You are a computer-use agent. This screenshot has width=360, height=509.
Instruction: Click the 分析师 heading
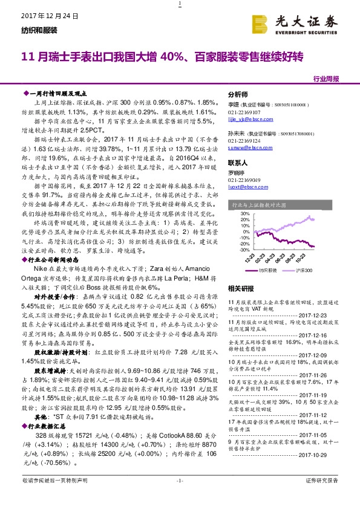[x=237, y=96]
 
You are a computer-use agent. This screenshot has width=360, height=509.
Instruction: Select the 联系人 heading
[x=237, y=163]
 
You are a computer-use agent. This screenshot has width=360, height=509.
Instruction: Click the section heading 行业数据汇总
[x=49, y=426]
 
